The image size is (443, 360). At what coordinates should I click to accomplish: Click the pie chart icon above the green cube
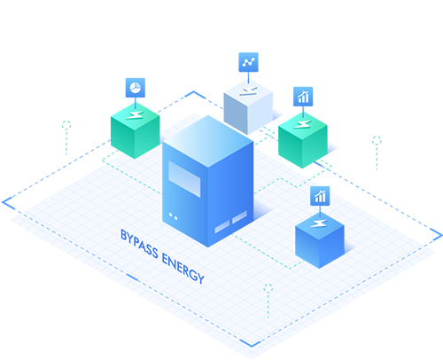click(136, 88)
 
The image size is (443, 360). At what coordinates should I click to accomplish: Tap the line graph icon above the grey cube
click(248, 62)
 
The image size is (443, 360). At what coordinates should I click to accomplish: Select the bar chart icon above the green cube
click(303, 97)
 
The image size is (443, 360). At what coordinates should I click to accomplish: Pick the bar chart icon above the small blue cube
click(320, 196)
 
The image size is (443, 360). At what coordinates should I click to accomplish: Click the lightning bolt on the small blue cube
click(319, 223)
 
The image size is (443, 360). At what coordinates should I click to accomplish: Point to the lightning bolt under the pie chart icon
click(135, 114)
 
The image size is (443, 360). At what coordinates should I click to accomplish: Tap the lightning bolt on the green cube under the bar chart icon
click(302, 124)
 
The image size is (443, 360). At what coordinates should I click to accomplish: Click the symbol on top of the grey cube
click(248, 91)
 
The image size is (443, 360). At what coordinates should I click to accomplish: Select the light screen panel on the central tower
click(184, 179)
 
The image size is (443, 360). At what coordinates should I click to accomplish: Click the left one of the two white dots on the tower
click(171, 215)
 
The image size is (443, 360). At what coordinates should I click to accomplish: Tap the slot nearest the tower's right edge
click(239, 217)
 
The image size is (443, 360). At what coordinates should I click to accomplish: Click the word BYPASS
click(139, 244)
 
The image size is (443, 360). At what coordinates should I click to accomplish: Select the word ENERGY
click(183, 269)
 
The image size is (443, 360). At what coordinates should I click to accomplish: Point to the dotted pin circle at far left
click(66, 125)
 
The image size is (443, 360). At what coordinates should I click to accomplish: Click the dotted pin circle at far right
click(377, 140)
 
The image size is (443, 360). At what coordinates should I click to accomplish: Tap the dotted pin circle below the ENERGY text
click(268, 288)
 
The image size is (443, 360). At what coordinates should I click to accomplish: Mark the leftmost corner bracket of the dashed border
click(6, 202)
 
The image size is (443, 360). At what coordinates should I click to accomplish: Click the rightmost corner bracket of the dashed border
click(438, 234)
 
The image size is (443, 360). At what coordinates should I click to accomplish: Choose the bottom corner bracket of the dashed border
click(251, 344)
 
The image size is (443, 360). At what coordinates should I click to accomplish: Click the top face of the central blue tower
click(208, 141)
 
